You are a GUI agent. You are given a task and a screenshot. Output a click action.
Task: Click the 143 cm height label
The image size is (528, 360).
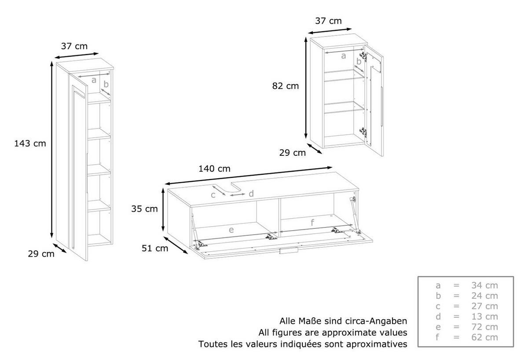pos(30,143)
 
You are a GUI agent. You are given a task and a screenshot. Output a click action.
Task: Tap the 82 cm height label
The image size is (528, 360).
pos(286,86)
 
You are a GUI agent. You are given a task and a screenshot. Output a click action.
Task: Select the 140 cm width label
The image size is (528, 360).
pos(215,169)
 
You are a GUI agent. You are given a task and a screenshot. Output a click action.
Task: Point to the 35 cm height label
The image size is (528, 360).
pos(144,209)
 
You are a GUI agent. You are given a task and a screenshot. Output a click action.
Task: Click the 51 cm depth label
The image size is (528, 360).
pos(155,248)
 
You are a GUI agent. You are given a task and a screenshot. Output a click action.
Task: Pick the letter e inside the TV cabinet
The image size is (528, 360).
pos(231,230)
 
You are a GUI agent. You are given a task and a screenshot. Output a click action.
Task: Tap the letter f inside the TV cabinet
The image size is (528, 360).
pos(312,222)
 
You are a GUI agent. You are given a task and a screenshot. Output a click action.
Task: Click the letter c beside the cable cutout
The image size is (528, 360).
pos(213,195)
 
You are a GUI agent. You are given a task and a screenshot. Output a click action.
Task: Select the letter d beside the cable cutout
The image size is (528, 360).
pos(251,194)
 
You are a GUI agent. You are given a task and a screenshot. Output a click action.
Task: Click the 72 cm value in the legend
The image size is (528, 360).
pos(484,327)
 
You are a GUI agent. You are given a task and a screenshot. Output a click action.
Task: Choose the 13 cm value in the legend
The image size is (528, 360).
pos(484,316)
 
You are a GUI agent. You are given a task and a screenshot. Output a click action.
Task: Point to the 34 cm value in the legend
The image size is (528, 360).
pos(484,285)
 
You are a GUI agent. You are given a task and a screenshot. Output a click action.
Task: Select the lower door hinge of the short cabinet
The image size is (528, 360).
pos(363,132)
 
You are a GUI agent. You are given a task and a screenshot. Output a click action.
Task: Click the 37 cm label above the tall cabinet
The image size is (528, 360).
pos(74,46)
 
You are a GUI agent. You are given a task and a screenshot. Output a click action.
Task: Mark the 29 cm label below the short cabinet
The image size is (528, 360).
pos(293,153)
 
